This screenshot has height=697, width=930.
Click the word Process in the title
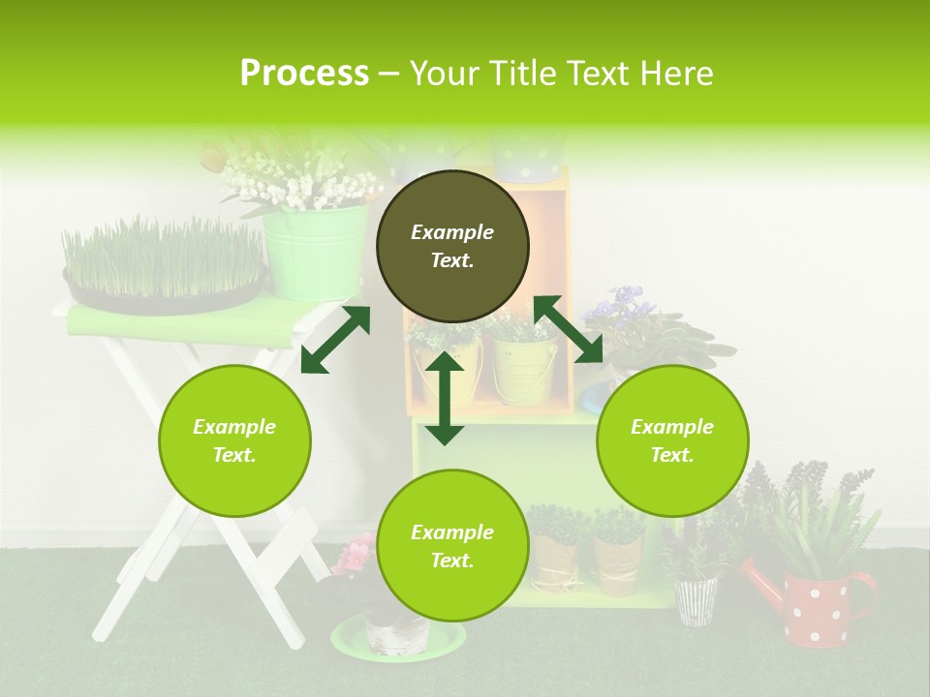pos(304,74)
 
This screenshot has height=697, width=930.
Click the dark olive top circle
pos(452,247)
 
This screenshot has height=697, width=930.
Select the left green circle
pos(234,440)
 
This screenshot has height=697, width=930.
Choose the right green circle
pos(672,440)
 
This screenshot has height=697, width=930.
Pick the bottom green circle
pos(452,546)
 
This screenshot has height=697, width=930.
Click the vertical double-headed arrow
pos(445,398)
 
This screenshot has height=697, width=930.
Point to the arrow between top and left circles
pos(335,339)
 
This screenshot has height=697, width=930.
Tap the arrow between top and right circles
pos(569,329)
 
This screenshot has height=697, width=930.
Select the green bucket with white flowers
pos(313,251)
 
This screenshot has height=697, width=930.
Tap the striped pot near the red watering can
pos(696,600)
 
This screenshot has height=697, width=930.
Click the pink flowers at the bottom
pos(355,557)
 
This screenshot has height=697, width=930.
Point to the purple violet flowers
pos(616,305)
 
